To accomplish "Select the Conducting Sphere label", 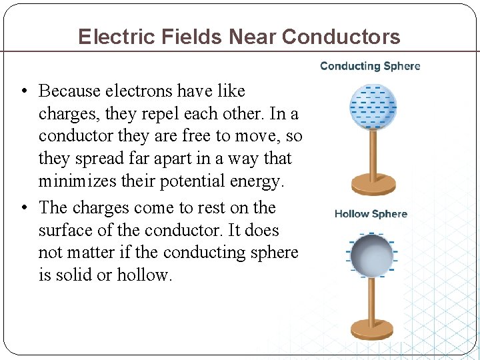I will click(370, 66).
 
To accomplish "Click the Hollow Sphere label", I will click(371, 214).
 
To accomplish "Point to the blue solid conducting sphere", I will click(373, 106).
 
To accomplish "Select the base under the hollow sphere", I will click(373, 329).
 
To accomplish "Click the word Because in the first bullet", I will click(70, 91).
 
